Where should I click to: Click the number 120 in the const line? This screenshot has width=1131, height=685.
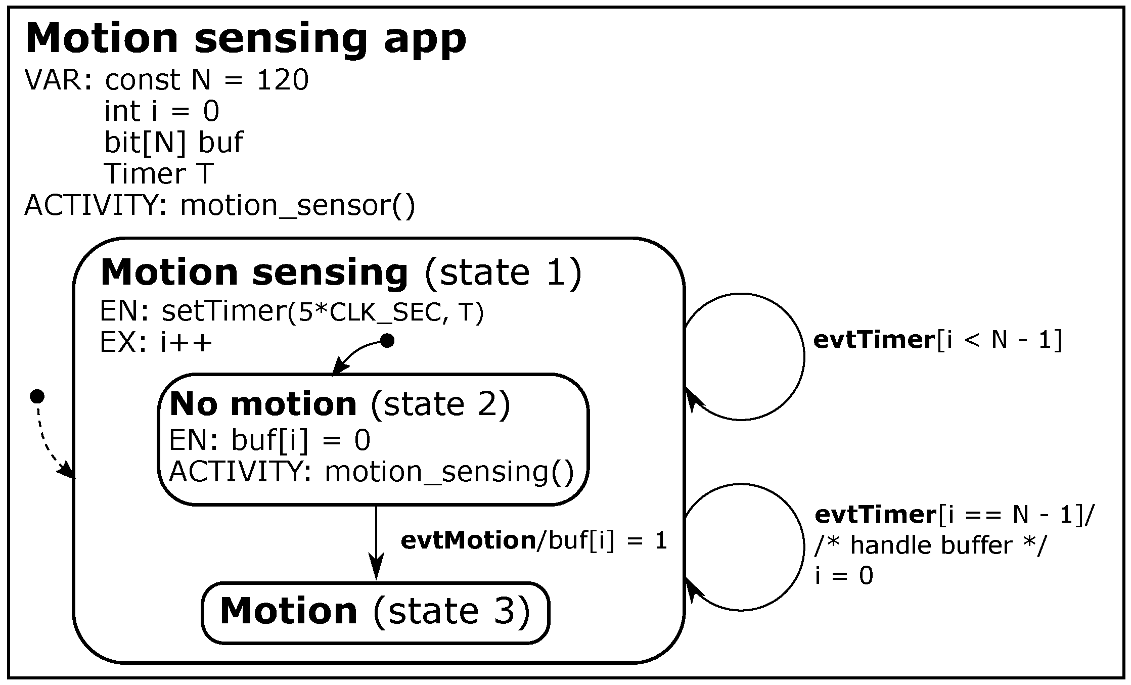coord(282,80)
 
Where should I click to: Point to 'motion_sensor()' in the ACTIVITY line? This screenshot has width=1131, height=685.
coord(297,206)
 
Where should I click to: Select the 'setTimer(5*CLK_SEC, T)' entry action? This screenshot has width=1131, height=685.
coord(323,312)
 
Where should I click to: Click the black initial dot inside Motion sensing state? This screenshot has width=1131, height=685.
coord(387,341)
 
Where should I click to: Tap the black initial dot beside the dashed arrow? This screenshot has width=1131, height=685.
coord(37,396)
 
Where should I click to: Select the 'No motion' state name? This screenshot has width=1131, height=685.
coord(263,404)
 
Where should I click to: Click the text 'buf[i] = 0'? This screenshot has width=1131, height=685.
coord(300,441)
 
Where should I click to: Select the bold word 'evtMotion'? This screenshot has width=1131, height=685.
coord(468,541)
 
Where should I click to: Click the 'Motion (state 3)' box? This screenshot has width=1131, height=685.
coord(375,612)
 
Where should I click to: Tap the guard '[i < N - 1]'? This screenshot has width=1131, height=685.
coord(999,340)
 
